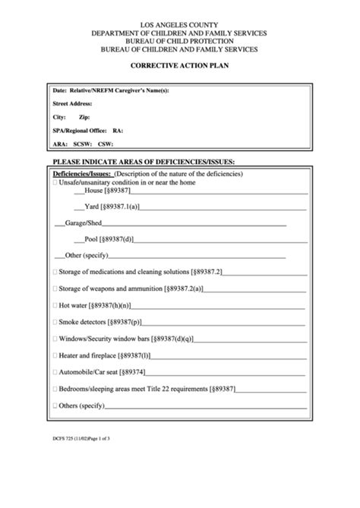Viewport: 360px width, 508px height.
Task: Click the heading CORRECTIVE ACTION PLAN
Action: (x=179, y=65)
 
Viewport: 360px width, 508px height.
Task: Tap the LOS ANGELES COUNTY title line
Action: (x=179, y=25)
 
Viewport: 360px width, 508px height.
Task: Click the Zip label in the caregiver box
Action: (x=84, y=118)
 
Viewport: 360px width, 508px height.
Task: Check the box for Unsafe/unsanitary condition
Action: (x=55, y=183)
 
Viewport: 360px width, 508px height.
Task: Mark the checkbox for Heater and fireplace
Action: (x=55, y=355)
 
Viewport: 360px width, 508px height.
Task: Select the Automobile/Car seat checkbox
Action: (x=55, y=372)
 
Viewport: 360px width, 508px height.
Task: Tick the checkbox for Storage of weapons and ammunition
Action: (x=55, y=289)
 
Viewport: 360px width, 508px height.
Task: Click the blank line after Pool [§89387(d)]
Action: (x=220, y=239)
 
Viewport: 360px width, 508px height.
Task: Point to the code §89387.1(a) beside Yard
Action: (x=124, y=207)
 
